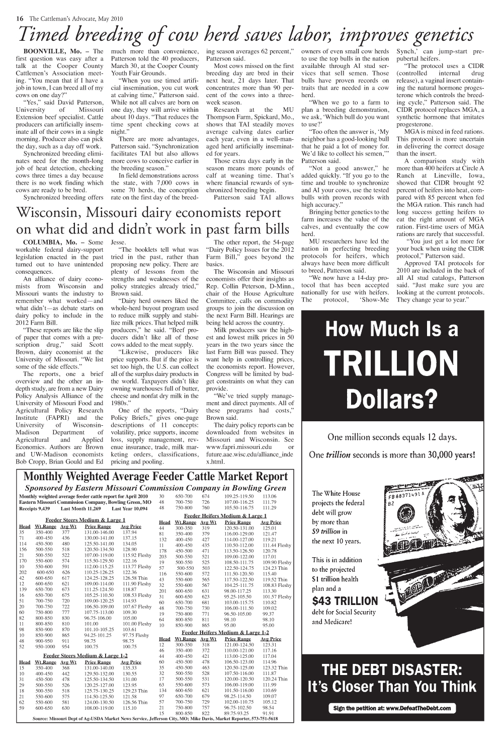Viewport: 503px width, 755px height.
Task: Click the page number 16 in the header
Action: click(x=20, y=18)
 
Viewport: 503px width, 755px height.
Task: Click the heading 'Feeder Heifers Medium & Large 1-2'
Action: click(x=225, y=632)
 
